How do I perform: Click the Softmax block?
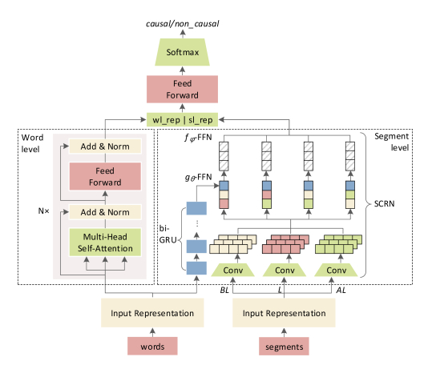pyautogui.click(x=182, y=52)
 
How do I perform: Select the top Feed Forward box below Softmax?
pyautogui.click(x=182, y=89)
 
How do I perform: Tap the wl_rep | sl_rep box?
pyautogui.click(x=182, y=119)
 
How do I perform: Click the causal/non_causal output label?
pyautogui.click(x=183, y=24)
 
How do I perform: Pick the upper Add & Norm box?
pyautogui.click(x=105, y=146)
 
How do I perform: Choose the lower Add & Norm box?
pyautogui.click(x=105, y=212)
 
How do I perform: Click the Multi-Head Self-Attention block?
pyautogui.click(x=105, y=243)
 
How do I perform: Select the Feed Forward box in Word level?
pyautogui.click(x=105, y=176)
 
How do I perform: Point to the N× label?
pyautogui.click(x=43, y=211)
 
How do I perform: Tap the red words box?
pyautogui.click(x=152, y=347)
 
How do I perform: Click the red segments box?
pyautogui.click(x=284, y=347)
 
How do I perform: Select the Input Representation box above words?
pyautogui.click(x=152, y=313)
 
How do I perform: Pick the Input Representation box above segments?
pyautogui.click(x=284, y=313)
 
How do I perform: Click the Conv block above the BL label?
pyautogui.click(x=232, y=270)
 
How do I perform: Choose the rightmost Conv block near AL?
pyautogui.click(x=336, y=270)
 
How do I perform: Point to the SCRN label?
pyautogui.click(x=385, y=203)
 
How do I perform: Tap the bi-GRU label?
pyautogui.click(x=168, y=234)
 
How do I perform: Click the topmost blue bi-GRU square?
pyautogui.click(x=196, y=208)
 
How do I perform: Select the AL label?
pyautogui.click(x=341, y=290)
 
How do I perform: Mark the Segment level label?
pyautogui.click(x=391, y=142)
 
